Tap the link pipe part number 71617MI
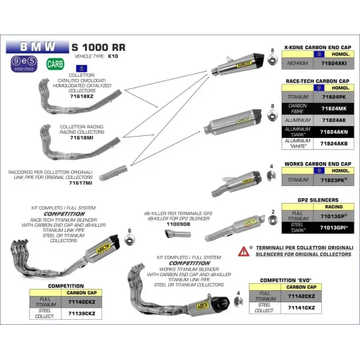pyautogui.click(x=80, y=182)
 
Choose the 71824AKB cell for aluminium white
pyautogui.click(x=333, y=142)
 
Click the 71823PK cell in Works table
pyautogui.click(x=333, y=180)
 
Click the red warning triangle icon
pyautogui.click(x=244, y=250)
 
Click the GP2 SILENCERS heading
pyautogui.click(x=316, y=199)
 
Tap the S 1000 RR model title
pyautogui.click(x=99, y=46)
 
